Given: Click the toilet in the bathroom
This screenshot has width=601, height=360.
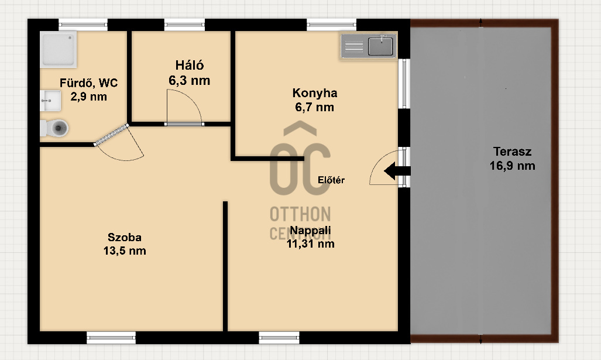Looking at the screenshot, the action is point(54,128).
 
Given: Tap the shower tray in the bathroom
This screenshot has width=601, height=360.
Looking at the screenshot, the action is point(59,49).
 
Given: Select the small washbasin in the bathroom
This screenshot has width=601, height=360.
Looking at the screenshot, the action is point(50,101).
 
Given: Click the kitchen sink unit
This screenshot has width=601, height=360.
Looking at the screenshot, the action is point(368,46).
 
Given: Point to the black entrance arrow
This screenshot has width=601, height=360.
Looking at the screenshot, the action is point(397,171).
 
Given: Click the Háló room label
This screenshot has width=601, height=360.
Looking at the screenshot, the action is point(190,65).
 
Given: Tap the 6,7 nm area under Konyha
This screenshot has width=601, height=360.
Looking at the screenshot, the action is point(314,107).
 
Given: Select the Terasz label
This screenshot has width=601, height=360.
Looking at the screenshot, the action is point(512,152).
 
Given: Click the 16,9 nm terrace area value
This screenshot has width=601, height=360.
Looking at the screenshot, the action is point(512,166).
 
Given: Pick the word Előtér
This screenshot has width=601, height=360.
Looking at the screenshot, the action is point(331,180).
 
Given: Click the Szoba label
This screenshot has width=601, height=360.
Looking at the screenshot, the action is point(125,237).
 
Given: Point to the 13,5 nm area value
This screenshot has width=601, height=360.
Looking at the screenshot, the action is point(125,251).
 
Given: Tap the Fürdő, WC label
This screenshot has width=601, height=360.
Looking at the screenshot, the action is point(88,83).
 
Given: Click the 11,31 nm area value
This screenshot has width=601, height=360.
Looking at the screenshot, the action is point(311,244).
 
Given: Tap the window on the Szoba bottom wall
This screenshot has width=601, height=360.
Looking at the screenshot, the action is point(111,338).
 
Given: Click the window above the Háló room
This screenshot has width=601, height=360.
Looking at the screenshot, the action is point(184,25).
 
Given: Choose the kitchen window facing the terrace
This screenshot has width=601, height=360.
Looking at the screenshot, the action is point(404,84).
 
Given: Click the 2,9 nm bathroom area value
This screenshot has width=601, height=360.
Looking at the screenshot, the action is point(88,97).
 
